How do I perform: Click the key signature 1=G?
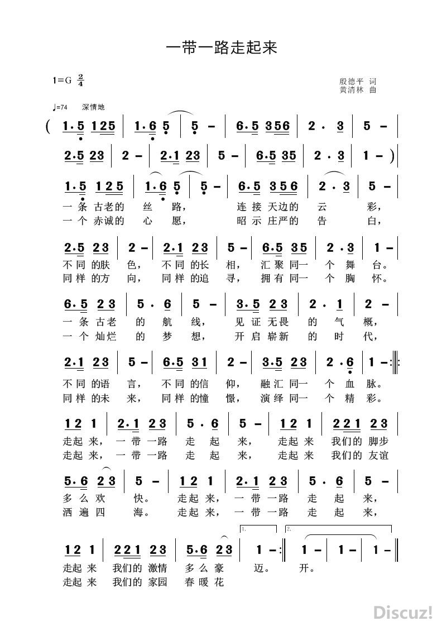point(63,80)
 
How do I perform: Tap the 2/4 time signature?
point(81,80)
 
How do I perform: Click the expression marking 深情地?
point(93,107)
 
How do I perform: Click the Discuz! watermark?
point(403,612)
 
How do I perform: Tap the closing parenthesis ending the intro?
point(395,156)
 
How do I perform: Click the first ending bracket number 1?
point(245,528)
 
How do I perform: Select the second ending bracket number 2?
point(289,528)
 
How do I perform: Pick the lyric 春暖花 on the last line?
point(204,583)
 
